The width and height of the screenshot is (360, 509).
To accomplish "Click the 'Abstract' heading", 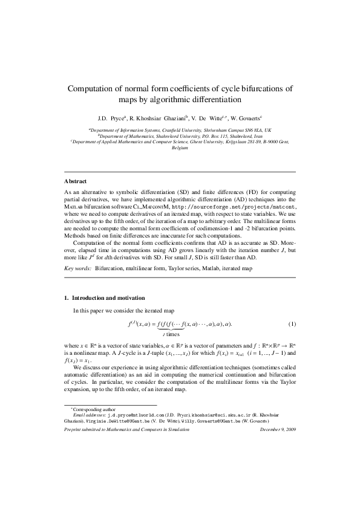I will pos(75,181).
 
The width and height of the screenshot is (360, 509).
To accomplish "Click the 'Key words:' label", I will pos(77,267).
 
